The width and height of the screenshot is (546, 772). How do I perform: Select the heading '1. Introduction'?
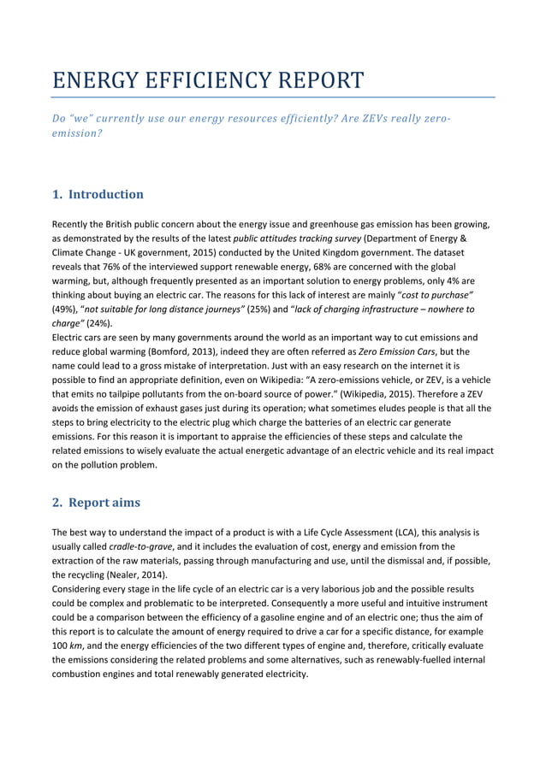click(98, 194)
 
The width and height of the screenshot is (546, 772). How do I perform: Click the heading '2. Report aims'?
click(96, 503)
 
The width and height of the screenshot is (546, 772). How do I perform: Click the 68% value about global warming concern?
click(319, 253)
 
